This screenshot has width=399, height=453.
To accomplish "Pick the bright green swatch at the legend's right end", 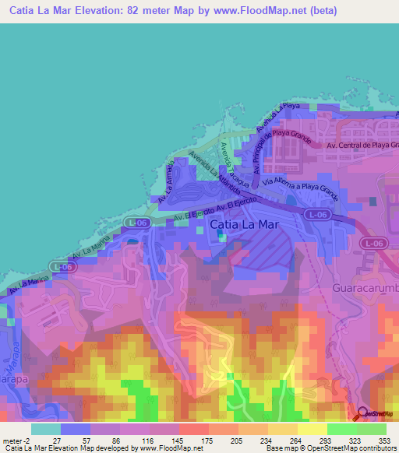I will (372, 428).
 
